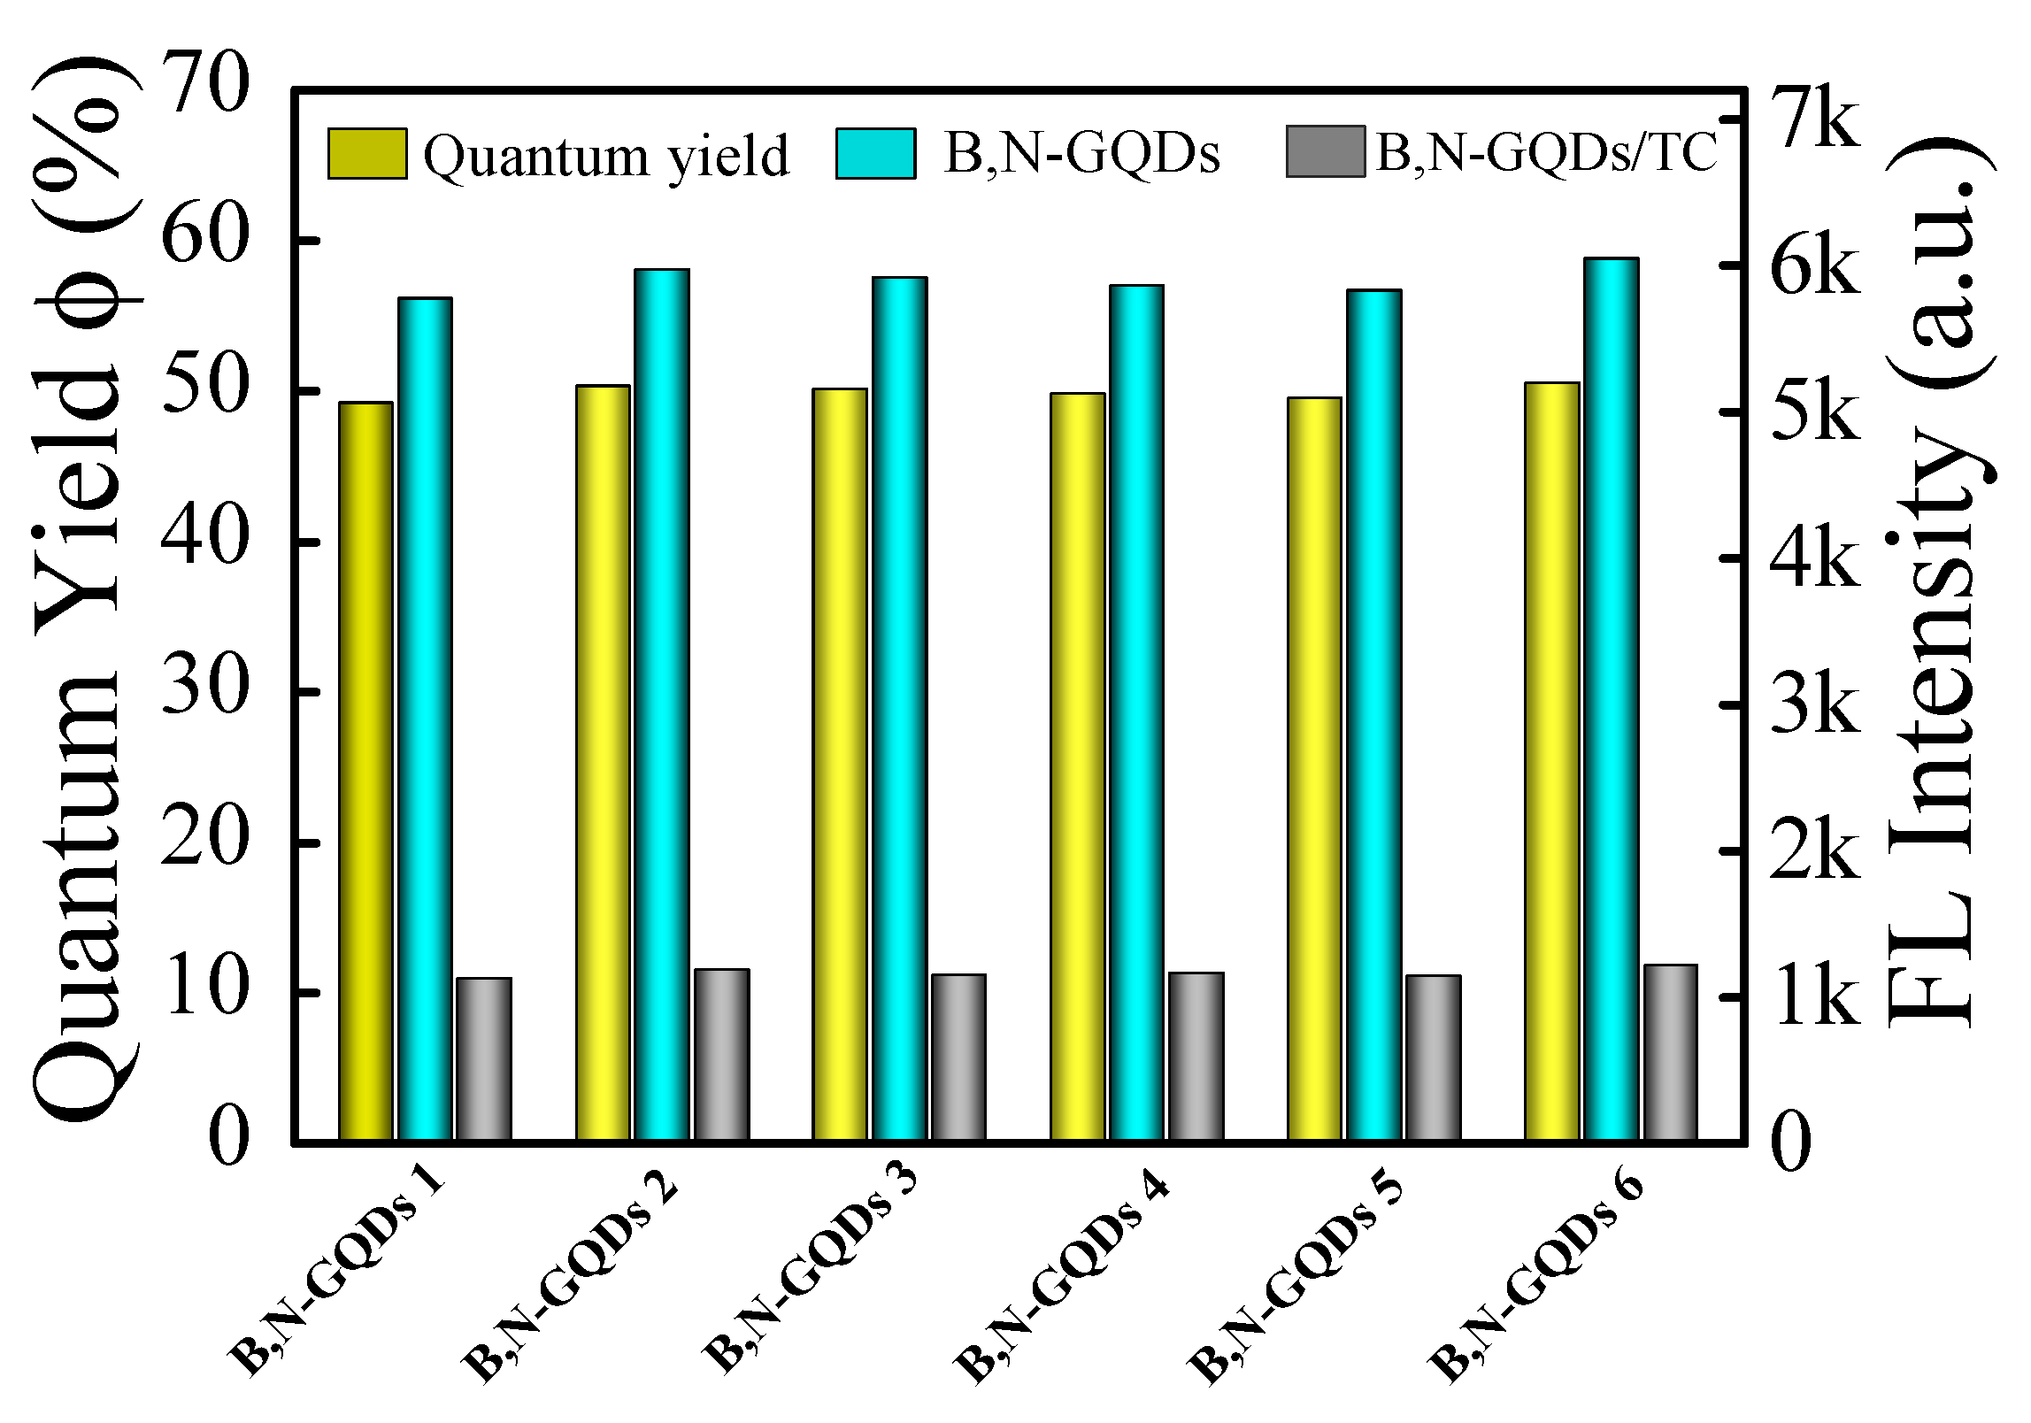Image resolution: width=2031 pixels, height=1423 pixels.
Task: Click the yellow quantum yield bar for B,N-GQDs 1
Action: (x=365, y=770)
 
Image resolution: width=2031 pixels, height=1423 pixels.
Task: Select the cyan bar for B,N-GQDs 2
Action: (x=661, y=704)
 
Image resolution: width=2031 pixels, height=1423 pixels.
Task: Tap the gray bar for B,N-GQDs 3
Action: (x=958, y=1057)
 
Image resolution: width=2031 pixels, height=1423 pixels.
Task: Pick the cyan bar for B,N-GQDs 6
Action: (x=1611, y=698)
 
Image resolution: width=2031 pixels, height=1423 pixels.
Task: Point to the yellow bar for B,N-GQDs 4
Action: (x=1077, y=765)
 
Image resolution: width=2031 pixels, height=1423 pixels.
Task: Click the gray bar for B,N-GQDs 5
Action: (x=1433, y=1057)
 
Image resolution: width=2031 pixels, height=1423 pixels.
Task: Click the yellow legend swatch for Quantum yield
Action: (x=367, y=153)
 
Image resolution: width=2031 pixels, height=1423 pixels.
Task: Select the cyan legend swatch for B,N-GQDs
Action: (x=875, y=153)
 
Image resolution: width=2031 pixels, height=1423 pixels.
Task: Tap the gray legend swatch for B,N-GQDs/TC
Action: (x=1325, y=151)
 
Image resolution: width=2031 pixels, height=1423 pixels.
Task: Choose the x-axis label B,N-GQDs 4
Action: (x=1063, y=1274)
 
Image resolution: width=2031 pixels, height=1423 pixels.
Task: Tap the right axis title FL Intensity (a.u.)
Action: (x=1938, y=584)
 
